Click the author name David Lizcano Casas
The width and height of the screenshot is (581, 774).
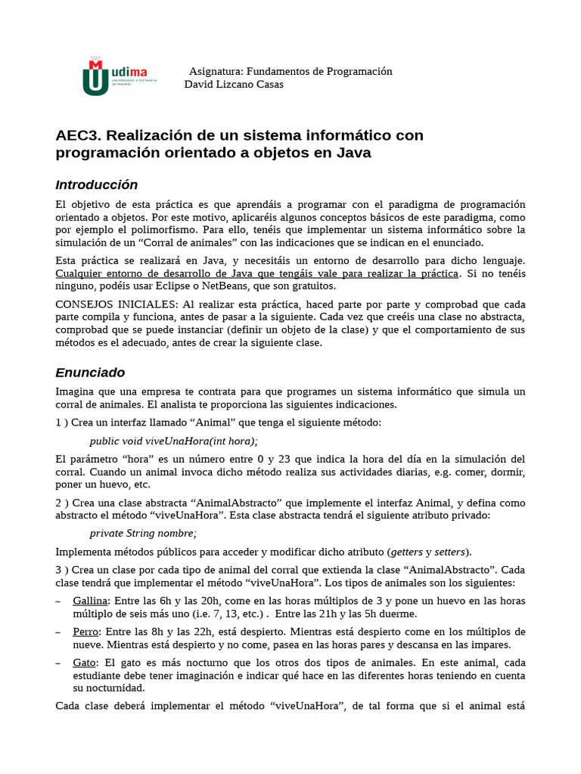[234, 85]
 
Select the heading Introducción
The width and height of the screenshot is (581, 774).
[97, 185]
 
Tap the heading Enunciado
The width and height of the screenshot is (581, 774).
[90, 373]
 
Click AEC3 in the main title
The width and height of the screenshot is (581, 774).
[79, 135]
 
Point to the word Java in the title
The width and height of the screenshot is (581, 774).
[354, 153]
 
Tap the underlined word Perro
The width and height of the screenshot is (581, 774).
[85, 631]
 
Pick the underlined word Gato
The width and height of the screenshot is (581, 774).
[84, 663]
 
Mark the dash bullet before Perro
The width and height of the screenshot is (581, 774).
[60, 631]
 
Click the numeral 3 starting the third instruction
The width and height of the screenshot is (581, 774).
[59, 568]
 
